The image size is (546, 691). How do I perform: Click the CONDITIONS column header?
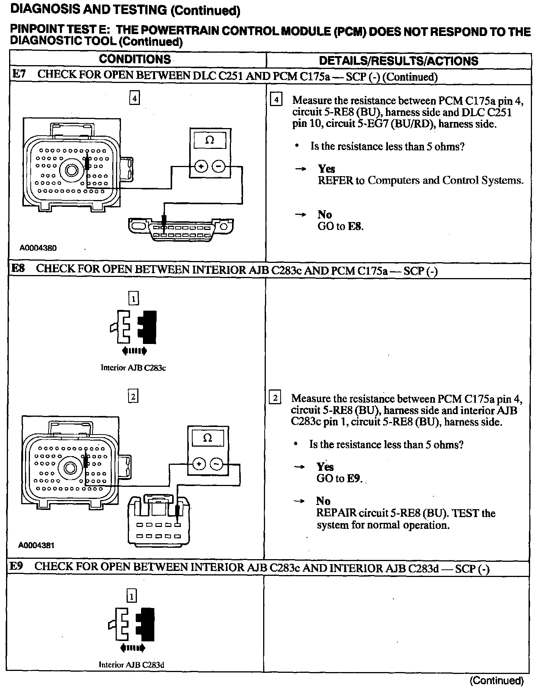tap(135, 59)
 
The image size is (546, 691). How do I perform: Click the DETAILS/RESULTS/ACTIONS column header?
tap(399, 61)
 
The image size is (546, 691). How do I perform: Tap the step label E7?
tap(19, 74)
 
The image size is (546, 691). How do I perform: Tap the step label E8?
tap(18, 269)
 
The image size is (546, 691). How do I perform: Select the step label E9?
tap(17, 566)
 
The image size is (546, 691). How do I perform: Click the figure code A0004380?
tap(38, 248)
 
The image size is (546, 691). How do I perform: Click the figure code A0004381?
tap(36, 546)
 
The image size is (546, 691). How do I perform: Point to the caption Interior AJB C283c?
tap(133, 367)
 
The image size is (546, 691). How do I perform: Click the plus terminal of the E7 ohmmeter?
tap(201, 166)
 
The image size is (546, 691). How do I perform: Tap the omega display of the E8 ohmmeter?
tap(207, 438)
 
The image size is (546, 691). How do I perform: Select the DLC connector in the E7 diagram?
tap(180, 229)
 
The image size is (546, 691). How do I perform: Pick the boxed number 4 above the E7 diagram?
tap(134, 98)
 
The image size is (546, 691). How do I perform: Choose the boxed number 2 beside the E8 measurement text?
tap(275, 398)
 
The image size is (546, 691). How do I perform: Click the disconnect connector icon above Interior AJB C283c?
tap(133, 326)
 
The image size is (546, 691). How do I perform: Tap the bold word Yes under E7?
tap(326, 169)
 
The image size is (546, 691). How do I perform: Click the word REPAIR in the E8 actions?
tap(336, 513)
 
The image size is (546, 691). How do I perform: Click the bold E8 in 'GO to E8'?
tap(355, 227)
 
